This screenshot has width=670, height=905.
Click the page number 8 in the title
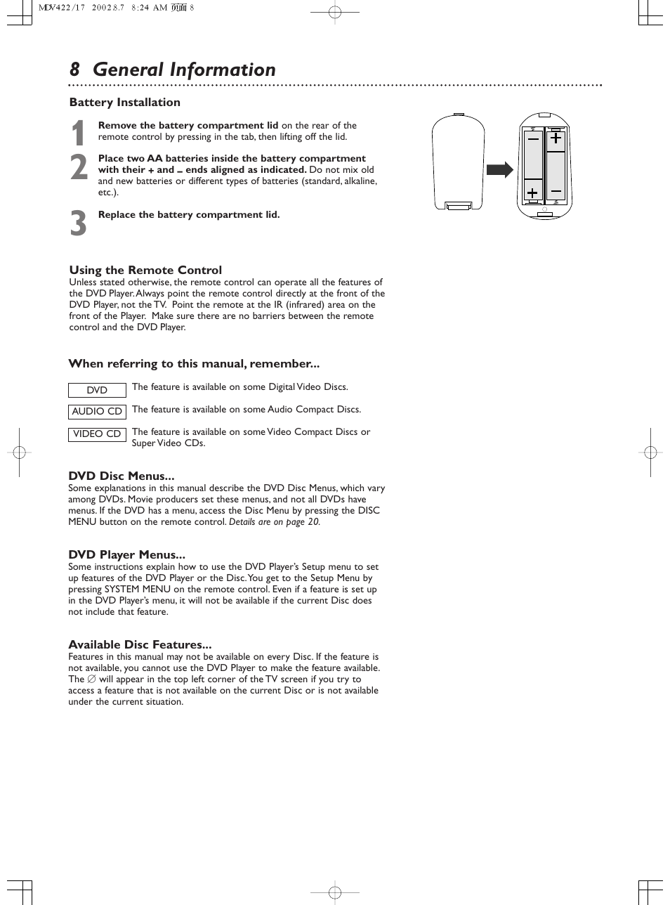point(74,70)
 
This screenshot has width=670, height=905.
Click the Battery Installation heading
point(124,103)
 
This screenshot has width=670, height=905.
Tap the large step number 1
point(79,134)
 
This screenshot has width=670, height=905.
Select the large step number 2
point(79,168)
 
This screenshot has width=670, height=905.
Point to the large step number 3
point(79,224)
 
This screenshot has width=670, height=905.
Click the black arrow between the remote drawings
point(499,170)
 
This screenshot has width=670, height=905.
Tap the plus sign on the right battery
point(556,138)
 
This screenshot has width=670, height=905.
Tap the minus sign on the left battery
point(533,139)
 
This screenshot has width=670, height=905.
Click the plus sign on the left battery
point(532,192)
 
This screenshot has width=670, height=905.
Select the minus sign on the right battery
point(556,191)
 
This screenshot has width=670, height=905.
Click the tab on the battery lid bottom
point(459,205)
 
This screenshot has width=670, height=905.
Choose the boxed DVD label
point(97,390)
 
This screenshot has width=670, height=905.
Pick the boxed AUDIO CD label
point(97,412)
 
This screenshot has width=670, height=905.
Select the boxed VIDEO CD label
point(97,434)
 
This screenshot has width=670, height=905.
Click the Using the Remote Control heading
point(145,271)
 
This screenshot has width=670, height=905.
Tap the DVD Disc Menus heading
point(121,476)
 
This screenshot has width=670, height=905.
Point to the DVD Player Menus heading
point(126,555)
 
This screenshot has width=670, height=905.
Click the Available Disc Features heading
point(140,645)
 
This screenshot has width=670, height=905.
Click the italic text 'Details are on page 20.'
point(275,522)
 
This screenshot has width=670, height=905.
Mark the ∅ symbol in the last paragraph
point(91,679)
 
